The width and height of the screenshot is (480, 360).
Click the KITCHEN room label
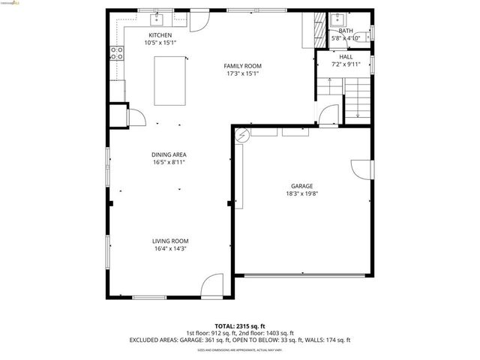coord(160,35)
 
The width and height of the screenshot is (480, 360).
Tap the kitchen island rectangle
coord(170,80)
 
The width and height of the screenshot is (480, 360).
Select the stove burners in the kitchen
coord(117,52)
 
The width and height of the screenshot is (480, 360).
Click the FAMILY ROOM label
coord(243,66)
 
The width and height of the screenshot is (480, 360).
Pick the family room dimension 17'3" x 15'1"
coord(243,73)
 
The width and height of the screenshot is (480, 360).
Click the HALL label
coord(346,57)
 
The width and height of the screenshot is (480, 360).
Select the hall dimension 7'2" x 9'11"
coord(346,64)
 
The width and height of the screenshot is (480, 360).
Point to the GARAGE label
coord(302,186)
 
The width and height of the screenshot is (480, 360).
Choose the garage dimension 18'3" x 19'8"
coord(302,193)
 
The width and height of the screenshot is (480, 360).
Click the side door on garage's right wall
coord(360,169)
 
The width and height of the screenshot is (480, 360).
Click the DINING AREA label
coord(169,154)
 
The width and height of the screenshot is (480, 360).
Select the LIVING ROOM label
coord(169,241)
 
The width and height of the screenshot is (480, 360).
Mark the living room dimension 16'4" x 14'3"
coord(169,248)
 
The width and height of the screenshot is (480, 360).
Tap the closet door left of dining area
coord(136,117)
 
